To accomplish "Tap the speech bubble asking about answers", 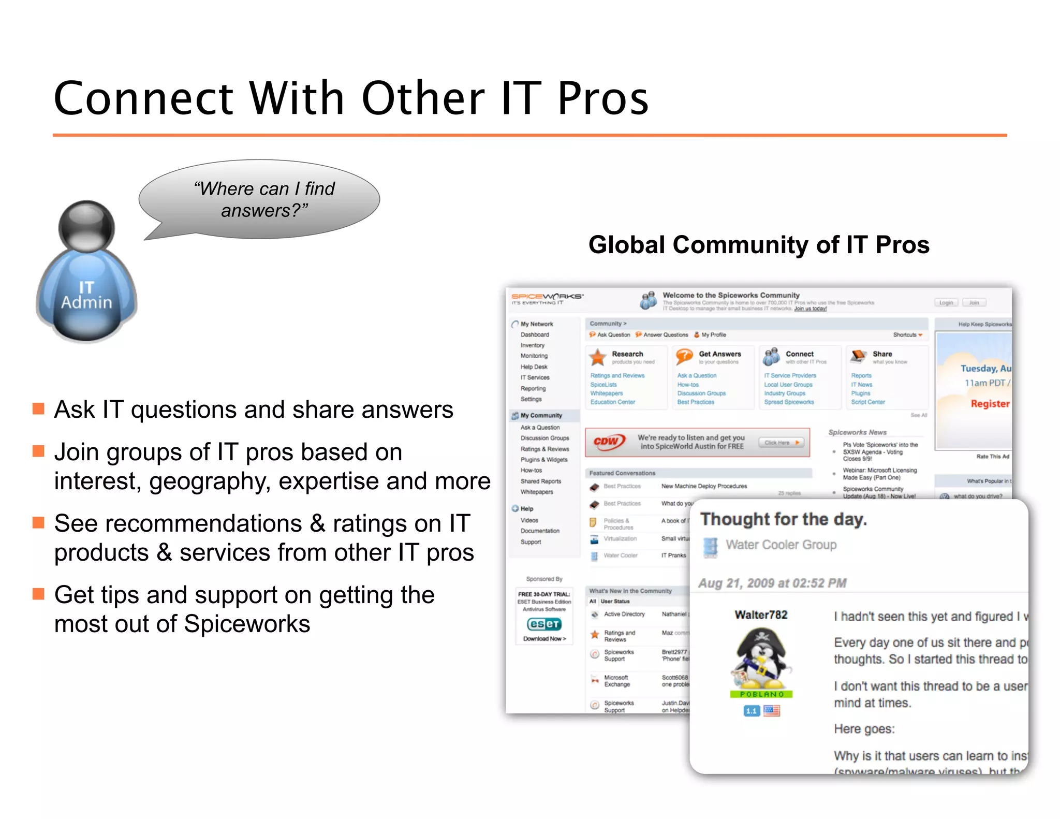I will pos(264,199).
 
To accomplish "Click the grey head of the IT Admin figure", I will pos(86,226).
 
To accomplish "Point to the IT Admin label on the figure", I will pos(86,295).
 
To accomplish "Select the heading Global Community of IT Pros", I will pos(759,245).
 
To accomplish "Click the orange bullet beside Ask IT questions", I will pos(38,409).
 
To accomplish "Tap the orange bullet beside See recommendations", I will pos(38,522).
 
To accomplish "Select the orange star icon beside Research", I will pos(598,357).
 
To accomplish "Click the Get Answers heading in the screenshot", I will pos(719,354).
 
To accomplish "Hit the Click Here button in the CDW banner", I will pos(782,443).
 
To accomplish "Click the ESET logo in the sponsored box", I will pos(544,624).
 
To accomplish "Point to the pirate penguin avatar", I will pos(761,659).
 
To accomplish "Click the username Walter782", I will pos(761,615).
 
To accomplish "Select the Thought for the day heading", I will pos(783,519).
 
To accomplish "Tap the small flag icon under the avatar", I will pos(771,711).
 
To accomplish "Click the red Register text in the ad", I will pos(990,404).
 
